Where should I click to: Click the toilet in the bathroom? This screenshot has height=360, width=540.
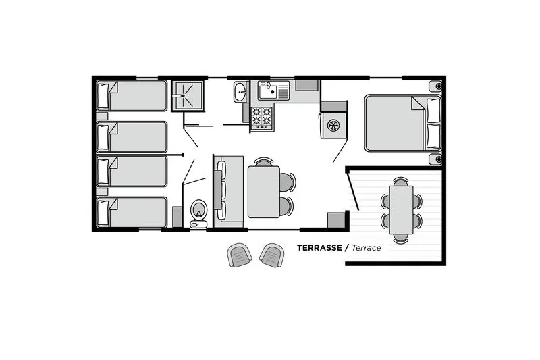198,213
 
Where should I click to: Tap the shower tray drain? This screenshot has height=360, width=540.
183,95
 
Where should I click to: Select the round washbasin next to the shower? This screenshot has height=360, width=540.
240,92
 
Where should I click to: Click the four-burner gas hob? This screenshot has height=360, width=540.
262,118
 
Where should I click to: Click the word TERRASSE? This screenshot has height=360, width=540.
319,248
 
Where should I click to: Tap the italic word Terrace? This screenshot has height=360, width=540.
367,248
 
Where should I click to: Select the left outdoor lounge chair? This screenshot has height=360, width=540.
239,255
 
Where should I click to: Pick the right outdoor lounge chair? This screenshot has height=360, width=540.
272,255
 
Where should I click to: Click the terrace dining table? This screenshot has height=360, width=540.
401,210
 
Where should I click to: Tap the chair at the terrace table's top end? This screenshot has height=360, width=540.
401,181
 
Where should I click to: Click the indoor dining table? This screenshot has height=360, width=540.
264,192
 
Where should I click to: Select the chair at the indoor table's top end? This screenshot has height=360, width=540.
264,161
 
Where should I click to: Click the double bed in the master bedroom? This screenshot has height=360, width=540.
403,123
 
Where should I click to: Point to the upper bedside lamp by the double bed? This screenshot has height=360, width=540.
436,86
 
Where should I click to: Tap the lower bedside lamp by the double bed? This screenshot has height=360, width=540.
436,159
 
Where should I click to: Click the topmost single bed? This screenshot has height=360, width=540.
132,95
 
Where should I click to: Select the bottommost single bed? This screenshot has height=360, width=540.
132,212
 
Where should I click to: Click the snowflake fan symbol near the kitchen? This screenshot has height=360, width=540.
333,125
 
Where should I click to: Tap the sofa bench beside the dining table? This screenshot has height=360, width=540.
228,191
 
